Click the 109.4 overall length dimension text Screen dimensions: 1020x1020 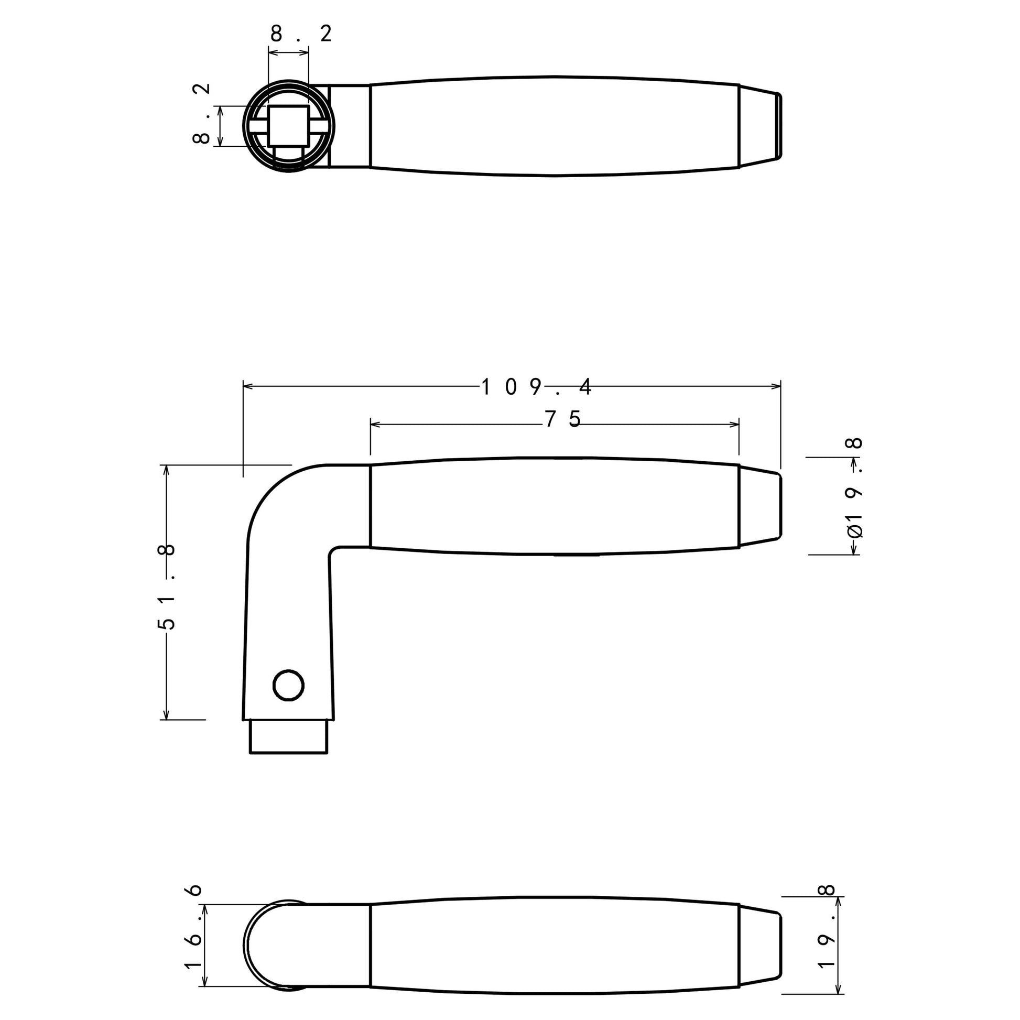(x=536, y=387)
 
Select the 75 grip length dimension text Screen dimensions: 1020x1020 (x=563, y=420)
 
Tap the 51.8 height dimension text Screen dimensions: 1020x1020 (x=166, y=587)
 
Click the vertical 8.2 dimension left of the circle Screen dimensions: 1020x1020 (x=202, y=114)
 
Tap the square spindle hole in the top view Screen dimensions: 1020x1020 (x=288, y=126)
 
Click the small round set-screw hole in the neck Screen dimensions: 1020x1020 (x=288, y=686)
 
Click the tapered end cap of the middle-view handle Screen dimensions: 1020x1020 (x=759, y=506)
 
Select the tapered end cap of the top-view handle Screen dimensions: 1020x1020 (x=759, y=126)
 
